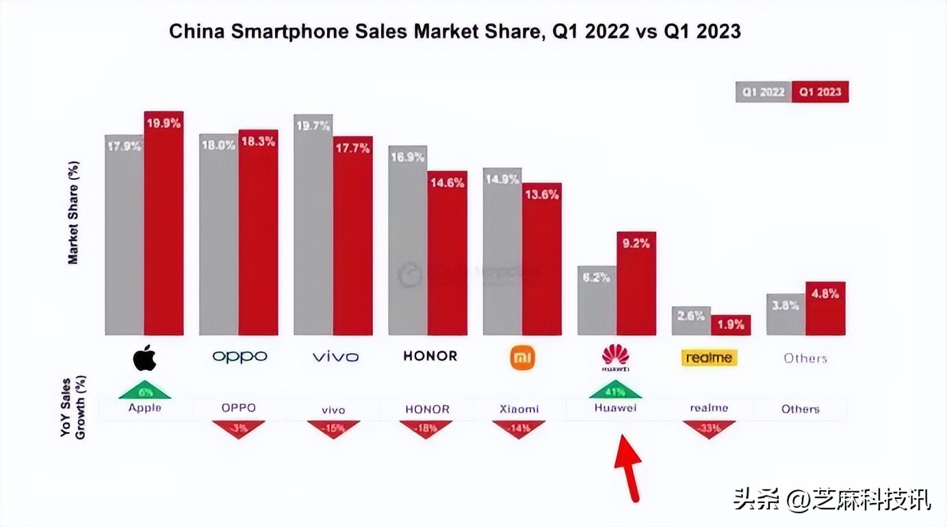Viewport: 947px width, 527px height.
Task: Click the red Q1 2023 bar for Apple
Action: point(164,226)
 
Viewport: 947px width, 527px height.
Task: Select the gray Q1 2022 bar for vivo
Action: point(313,226)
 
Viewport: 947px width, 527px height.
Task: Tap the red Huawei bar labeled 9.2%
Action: point(636,287)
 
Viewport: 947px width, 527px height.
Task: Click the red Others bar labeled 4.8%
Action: point(825,311)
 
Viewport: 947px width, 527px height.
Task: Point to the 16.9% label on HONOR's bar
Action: point(407,157)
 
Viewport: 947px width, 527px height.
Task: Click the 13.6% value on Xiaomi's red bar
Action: point(542,194)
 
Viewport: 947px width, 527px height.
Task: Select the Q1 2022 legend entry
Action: point(764,92)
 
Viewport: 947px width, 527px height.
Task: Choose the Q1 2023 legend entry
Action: point(820,92)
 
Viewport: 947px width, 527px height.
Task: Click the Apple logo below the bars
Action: point(144,357)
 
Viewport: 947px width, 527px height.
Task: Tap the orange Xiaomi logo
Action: point(523,357)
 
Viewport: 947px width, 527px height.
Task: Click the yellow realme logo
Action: point(710,357)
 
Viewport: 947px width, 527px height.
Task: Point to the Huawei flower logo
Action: point(615,356)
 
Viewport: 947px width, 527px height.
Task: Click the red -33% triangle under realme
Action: point(709,428)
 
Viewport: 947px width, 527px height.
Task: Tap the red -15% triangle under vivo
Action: point(333,428)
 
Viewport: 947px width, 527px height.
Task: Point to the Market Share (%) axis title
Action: point(73,213)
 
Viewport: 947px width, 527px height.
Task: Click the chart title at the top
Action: point(454,31)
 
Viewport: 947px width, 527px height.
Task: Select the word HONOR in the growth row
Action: point(427,409)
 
